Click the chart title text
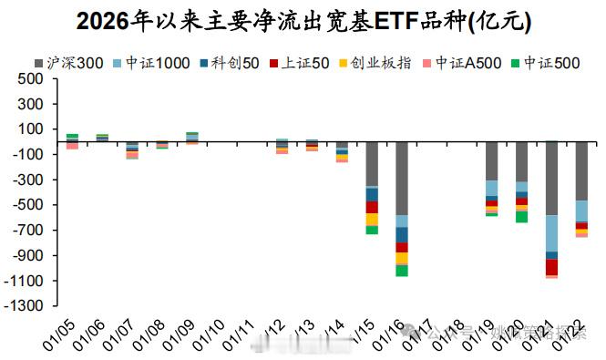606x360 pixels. pos(303,20)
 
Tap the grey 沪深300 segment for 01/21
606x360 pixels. pos(551,179)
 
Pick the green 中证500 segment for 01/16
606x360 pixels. pos(401,270)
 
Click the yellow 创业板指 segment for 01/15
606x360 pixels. pos(372,220)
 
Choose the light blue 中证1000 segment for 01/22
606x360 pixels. pos(581,211)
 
